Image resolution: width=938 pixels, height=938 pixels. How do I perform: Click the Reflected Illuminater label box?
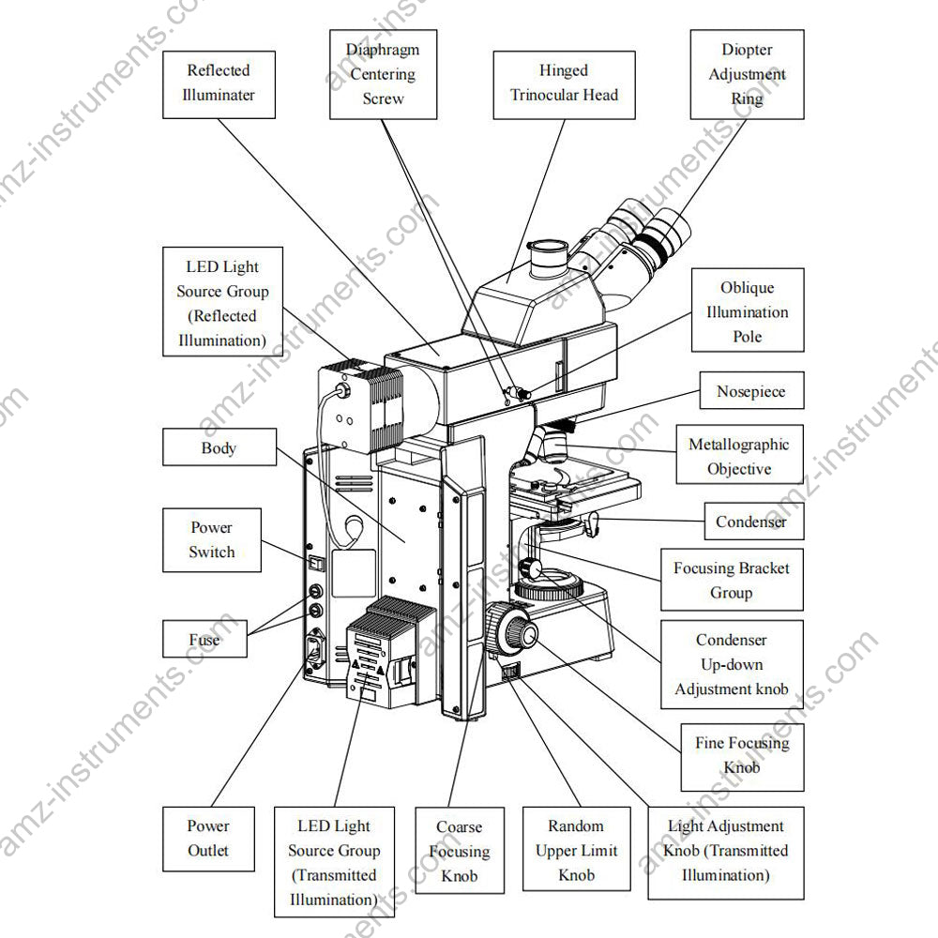(x=219, y=83)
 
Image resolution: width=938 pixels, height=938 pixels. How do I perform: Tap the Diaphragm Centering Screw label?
(x=383, y=74)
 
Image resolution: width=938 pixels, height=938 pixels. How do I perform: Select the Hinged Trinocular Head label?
(x=564, y=83)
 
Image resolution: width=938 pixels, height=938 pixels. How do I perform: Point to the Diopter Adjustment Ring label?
(x=747, y=74)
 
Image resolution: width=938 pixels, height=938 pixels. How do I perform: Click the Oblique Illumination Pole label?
(x=747, y=312)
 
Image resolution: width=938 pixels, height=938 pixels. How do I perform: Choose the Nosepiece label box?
(x=751, y=392)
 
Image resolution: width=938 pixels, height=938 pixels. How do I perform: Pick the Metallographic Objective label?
(x=739, y=457)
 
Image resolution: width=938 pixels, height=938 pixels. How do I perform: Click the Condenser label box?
(x=751, y=522)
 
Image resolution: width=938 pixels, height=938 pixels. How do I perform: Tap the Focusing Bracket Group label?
(x=732, y=580)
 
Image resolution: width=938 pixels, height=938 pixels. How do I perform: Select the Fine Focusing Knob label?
(x=742, y=755)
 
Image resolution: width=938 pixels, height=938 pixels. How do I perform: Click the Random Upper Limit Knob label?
(x=577, y=851)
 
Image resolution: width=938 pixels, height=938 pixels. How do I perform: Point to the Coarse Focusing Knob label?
(x=460, y=851)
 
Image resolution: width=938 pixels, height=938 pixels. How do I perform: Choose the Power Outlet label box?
(x=207, y=839)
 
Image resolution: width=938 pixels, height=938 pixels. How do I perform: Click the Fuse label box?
(x=204, y=640)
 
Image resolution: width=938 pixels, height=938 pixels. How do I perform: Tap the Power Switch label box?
(x=211, y=540)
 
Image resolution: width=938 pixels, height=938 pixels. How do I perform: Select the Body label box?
(x=219, y=447)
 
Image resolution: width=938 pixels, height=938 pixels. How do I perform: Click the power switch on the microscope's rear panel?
(x=317, y=564)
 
